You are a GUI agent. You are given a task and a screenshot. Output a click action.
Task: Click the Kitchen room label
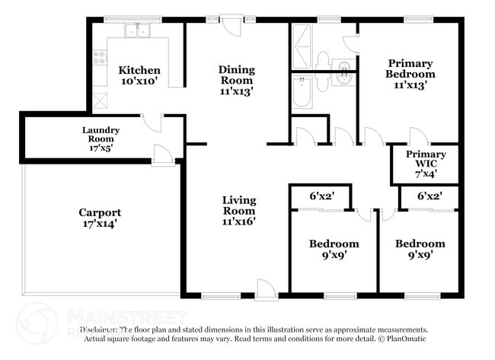(139, 70)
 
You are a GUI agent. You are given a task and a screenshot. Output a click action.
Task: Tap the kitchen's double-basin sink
(138, 31)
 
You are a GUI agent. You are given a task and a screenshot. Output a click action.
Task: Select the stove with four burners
(100, 56)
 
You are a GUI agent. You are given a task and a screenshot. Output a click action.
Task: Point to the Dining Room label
(237, 75)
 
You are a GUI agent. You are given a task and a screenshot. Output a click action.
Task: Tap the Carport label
(100, 212)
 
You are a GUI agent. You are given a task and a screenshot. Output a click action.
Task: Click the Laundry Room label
(101, 134)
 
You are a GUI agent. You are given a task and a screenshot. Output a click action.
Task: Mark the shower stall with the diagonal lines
(302, 46)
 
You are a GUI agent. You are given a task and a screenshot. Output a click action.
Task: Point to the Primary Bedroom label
(410, 68)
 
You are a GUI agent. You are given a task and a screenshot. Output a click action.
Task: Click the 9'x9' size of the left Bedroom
(334, 256)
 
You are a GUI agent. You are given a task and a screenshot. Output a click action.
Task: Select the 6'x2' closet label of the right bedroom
(430, 196)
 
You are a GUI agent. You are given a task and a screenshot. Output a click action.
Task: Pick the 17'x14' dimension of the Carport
(100, 225)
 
